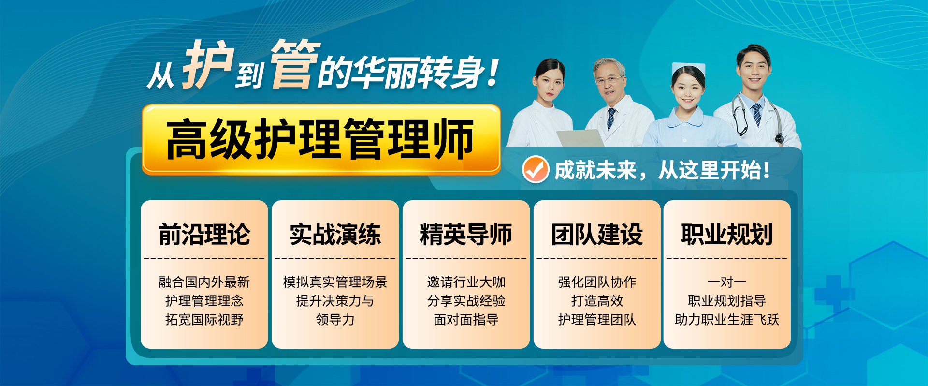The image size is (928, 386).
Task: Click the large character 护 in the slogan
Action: click(x=208, y=64)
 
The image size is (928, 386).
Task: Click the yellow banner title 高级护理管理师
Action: click(x=320, y=139)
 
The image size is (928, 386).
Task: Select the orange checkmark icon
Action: click(x=536, y=170)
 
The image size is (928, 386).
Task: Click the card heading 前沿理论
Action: click(x=204, y=235)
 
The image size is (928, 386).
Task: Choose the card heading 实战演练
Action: click(x=335, y=235)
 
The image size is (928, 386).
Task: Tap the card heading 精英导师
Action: click(x=466, y=235)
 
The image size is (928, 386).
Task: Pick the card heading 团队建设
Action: click(x=597, y=235)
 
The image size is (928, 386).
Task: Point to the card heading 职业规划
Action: click(x=727, y=235)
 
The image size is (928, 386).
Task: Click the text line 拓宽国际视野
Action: click(x=204, y=320)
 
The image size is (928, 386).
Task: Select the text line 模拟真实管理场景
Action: click(x=335, y=282)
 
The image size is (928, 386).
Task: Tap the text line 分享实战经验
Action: click(x=466, y=301)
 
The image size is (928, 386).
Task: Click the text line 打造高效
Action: click(x=597, y=301)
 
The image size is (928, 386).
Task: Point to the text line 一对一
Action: click(x=727, y=282)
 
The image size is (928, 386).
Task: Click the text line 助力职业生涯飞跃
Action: click(x=727, y=320)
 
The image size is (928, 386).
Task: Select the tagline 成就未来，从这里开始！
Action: click(x=662, y=170)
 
